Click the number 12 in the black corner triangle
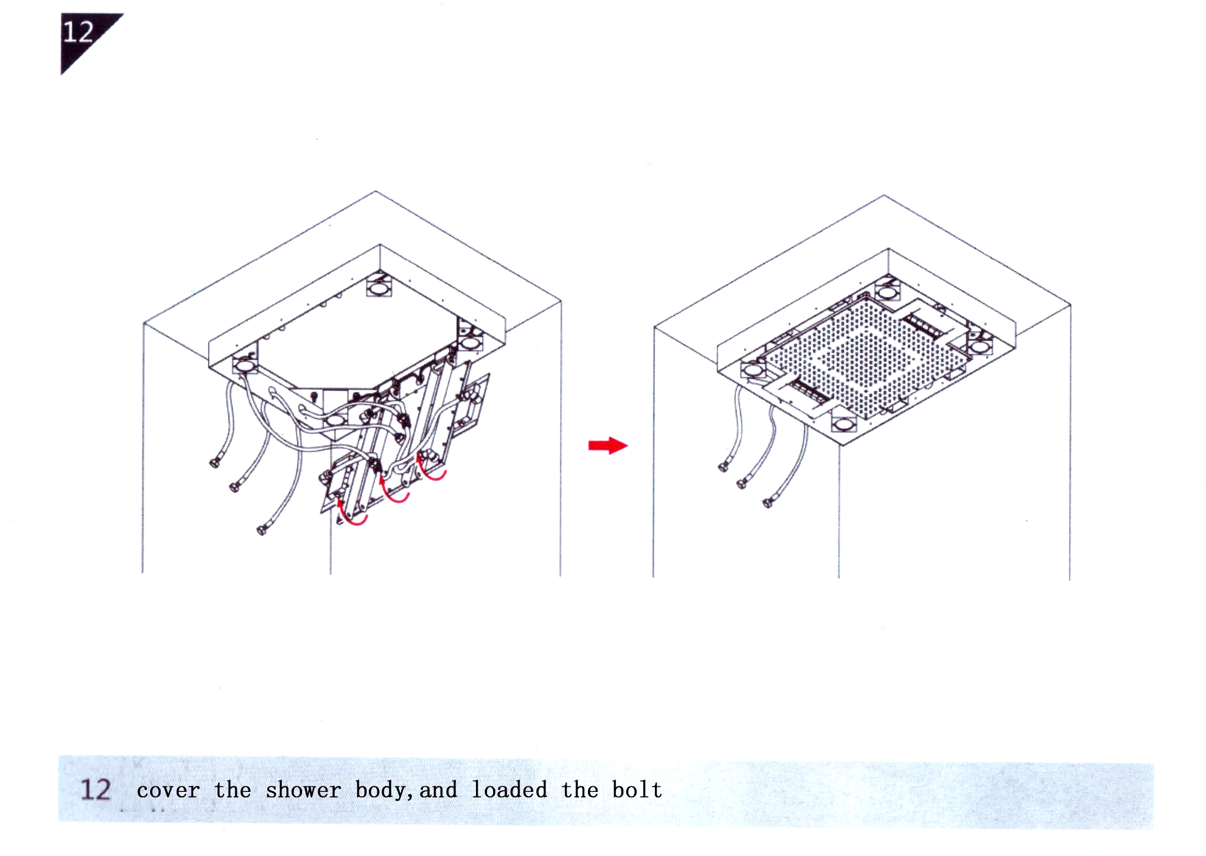click(78, 32)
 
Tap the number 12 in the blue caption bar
click(96, 789)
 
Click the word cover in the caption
click(168, 790)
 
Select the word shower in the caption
click(303, 790)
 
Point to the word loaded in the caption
click(509, 789)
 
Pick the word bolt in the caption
click(637, 789)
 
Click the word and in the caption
click(438, 790)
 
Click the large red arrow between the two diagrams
click(608, 445)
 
